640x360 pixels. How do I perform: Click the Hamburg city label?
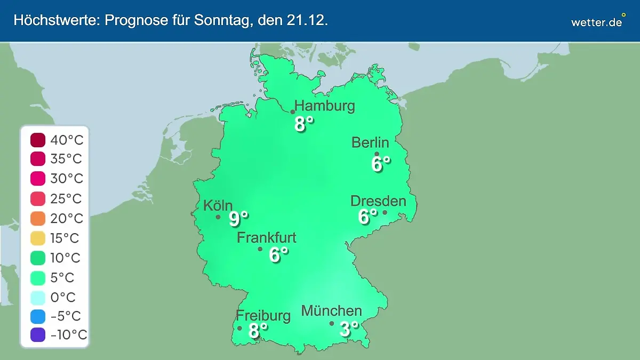point(324,106)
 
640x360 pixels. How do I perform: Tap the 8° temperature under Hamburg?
point(303,124)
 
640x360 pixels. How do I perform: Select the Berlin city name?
point(370,142)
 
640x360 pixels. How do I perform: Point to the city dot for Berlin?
point(377,154)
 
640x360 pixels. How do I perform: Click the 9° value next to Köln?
point(238,218)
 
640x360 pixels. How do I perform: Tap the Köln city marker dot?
point(218,217)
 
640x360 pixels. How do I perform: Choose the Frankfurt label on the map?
point(267,238)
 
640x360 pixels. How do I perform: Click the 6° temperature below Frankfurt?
point(278,255)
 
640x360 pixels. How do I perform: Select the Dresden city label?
point(378,201)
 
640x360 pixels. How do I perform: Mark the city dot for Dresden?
point(385,212)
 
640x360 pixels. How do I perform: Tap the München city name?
point(332,310)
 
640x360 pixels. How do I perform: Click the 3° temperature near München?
point(349,329)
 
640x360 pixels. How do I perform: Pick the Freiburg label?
point(263,315)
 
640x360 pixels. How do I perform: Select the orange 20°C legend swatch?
point(38,219)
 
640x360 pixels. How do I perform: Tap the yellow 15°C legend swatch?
point(38,238)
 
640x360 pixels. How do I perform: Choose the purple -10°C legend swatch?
point(38,335)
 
